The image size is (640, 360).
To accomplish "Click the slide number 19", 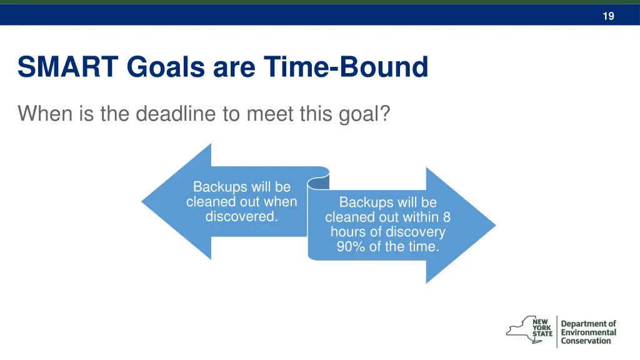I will coord(608,16).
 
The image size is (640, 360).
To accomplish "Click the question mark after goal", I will coord(384,114).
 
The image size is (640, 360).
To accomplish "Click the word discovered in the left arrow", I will coord(241,217).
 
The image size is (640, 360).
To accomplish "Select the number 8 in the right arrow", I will coord(446,217).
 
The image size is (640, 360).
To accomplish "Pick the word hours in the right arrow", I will coord(347,232).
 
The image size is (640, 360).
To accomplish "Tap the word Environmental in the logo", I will coord(588,332).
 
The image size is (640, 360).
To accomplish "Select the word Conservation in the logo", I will coord(586,341).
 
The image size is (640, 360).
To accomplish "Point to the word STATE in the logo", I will coord(542,334).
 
